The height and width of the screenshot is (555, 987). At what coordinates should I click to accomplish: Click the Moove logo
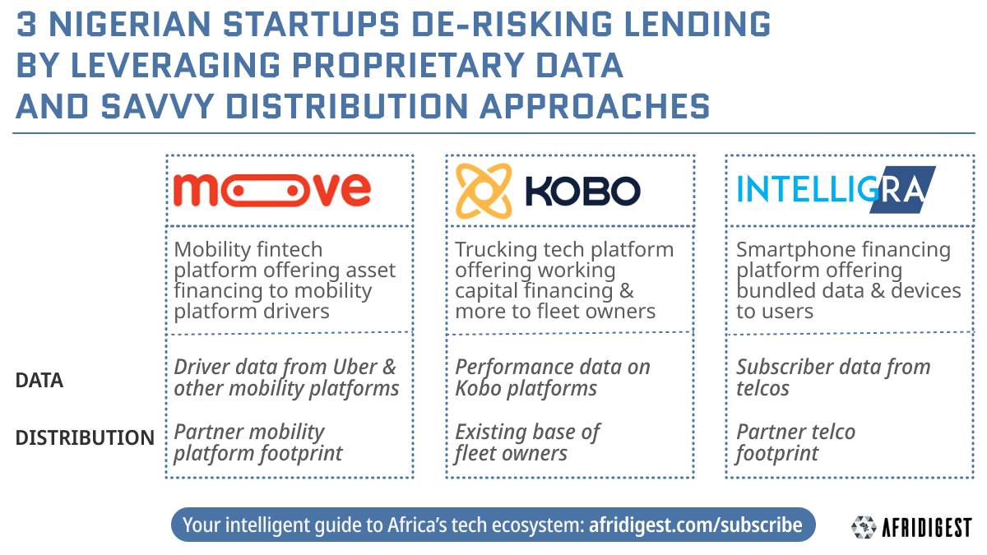(x=272, y=190)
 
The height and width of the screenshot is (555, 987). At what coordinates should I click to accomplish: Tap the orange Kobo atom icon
(x=484, y=191)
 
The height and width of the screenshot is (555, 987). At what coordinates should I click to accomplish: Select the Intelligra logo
(x=836, y=190)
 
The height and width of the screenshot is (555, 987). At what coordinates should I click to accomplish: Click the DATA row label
(x=39, y=380)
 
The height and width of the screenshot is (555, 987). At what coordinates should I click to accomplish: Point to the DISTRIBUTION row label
(x=85, y=437)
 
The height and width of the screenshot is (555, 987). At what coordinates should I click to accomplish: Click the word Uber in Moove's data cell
(x=355, y=367)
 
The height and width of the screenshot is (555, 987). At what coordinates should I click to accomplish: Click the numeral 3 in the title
(x=27, y=24)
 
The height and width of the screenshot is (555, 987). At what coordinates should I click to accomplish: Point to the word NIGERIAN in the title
(x=130, y=24)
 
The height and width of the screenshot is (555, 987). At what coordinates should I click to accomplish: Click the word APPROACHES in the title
(x=595, y=107)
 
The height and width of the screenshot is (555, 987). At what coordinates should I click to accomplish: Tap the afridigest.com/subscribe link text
(x=695, y=525)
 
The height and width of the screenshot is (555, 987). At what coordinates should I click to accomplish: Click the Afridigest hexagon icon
(x=864, y=527)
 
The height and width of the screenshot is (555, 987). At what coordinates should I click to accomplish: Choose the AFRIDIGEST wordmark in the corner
(x=927, y=528)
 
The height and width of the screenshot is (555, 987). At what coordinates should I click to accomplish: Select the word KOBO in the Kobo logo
(x=582, y=191)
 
